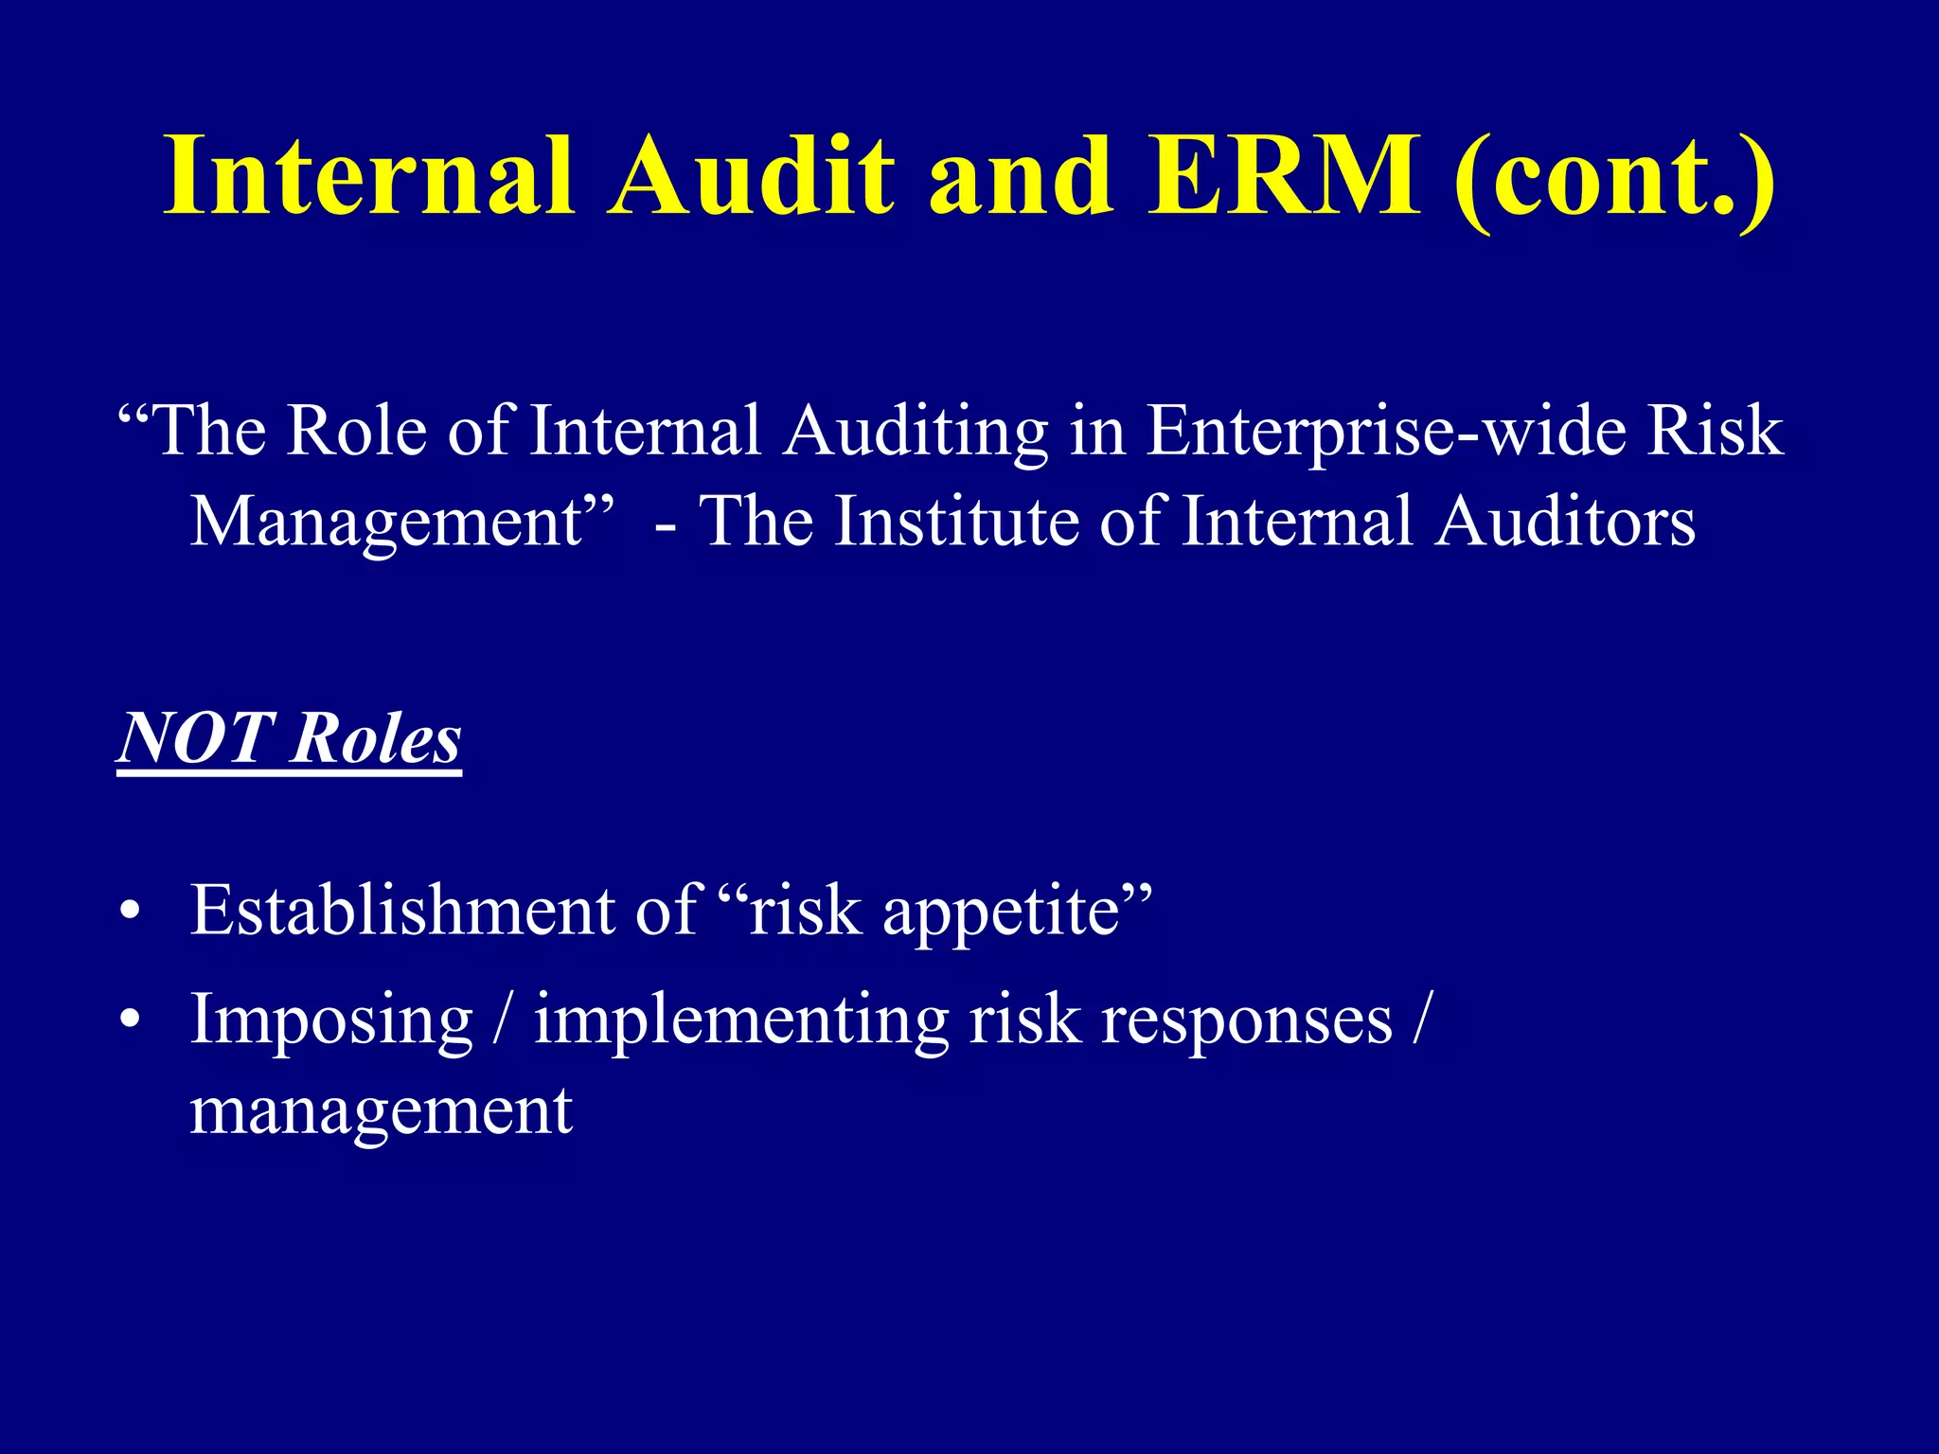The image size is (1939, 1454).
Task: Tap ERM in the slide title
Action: pos(1284,175)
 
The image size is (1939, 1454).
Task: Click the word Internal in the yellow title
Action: pos(368,175)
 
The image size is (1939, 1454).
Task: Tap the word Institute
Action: pos(955,522)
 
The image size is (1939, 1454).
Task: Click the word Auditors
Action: pos(1564,522)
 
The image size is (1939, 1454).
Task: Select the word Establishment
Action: pos(402,910)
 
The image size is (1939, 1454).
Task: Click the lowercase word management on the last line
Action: pos(381,1110)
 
